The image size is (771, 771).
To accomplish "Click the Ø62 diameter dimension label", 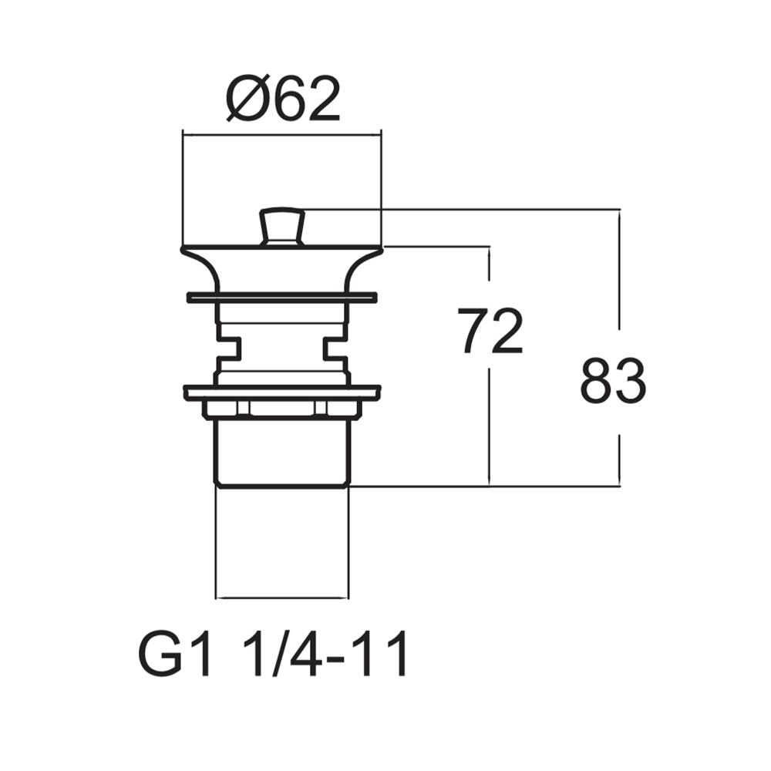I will click(284, 100).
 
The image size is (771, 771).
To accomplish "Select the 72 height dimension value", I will click(490, 332).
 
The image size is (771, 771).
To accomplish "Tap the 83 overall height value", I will click(613, 381).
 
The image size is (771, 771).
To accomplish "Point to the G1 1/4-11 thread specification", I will click(273, 655).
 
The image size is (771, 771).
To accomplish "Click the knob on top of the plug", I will click(281, 225).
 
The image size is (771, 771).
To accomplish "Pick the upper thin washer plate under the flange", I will click(281, 297).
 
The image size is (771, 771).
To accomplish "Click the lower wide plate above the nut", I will click(281, 392).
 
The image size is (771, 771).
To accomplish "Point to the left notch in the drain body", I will click(228, 348).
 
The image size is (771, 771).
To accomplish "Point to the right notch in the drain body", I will click(336, 348).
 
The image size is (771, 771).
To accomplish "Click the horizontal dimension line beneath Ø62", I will click(281, 134).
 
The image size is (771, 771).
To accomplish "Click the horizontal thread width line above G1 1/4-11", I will click(282, 598).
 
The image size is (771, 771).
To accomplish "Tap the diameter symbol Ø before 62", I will click(247, 100).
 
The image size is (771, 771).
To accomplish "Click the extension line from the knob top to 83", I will click(463, 209).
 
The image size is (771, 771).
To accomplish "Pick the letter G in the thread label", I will click(157, 655).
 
